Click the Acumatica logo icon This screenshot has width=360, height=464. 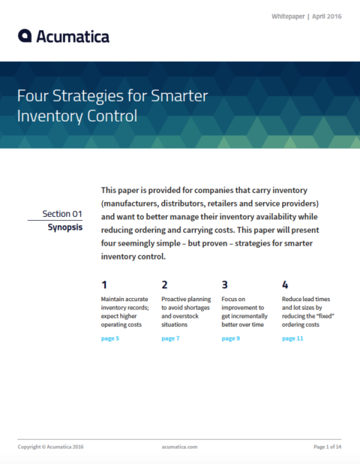point(25,36)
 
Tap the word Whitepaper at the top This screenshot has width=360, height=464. point(289,16)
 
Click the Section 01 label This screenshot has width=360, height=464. point(62,213)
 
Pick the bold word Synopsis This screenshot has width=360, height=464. point(65,226)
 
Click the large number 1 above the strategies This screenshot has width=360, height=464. point(103,285)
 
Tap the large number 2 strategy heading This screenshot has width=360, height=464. point(164,285)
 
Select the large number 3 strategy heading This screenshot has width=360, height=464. point(224,285)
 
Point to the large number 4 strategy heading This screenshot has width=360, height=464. point(285,285)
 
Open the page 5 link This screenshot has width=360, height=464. point(109,339)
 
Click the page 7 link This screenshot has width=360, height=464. point(170,339)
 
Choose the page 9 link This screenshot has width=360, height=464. point(230,339)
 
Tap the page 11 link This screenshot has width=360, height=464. point(292,339)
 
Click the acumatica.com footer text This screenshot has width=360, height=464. point(179,447)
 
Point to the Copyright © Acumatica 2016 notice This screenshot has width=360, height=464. point(51,447)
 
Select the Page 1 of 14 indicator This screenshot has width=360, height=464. point(327,447)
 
